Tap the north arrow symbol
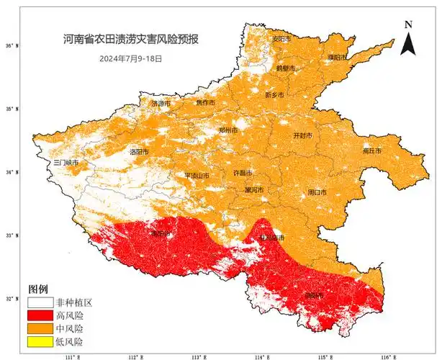tap(408, 38)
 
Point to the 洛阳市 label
tap(139, 152)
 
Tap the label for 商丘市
tap(372, 151)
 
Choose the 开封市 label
tap(303, 135)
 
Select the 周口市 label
tap(317, 192)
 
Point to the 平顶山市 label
tap(197, 175)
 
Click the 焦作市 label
tap(205, 102)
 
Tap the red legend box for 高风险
tap(40, 315)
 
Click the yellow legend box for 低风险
tap(40, 341)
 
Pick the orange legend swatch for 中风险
tap(40, 328)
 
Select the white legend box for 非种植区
tap(40, 302)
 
